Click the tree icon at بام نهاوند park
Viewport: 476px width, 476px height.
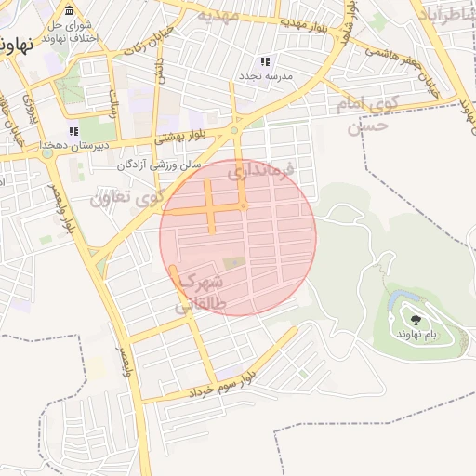click(415, 320)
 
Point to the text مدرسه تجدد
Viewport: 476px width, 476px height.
click(268, 74)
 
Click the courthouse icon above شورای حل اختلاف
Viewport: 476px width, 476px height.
click(70, 9)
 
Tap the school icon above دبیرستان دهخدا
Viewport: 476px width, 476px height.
click(73, 133)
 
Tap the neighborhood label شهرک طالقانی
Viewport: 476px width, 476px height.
click(201, 291)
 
